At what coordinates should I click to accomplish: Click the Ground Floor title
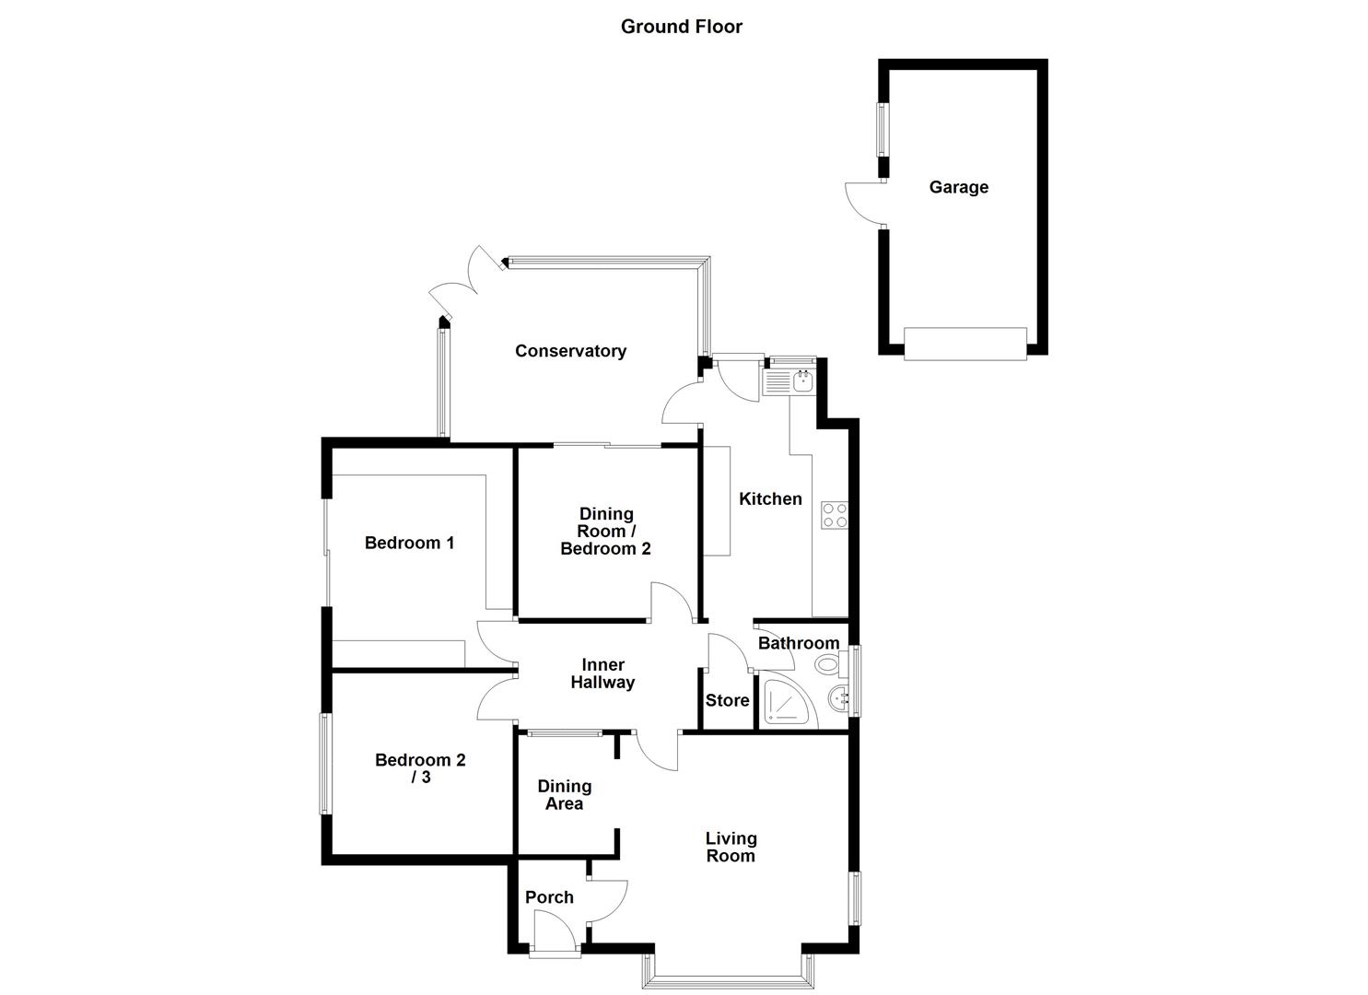pos(681,27)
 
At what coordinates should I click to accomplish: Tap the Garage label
pos(958,187)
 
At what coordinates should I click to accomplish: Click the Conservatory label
pos(570,351)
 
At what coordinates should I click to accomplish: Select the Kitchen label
pos(770,498)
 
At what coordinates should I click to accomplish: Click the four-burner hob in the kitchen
pos(834,515)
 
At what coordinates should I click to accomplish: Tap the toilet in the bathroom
pos(826,663)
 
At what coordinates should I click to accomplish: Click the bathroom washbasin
pos(839,698)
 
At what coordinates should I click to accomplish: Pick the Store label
pos(727,701)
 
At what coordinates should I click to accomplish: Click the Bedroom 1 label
pos(409,543)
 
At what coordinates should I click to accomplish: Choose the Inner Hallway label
pos(602,673)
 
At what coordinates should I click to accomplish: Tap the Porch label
pos(549,897)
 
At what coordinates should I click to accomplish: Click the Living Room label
pos(731,847)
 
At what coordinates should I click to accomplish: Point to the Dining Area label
pos(564,794)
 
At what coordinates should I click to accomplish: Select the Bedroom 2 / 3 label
pos(420,768)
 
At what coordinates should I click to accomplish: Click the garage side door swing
pos(864,203)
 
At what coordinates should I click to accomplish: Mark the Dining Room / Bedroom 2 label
pos(605,531)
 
